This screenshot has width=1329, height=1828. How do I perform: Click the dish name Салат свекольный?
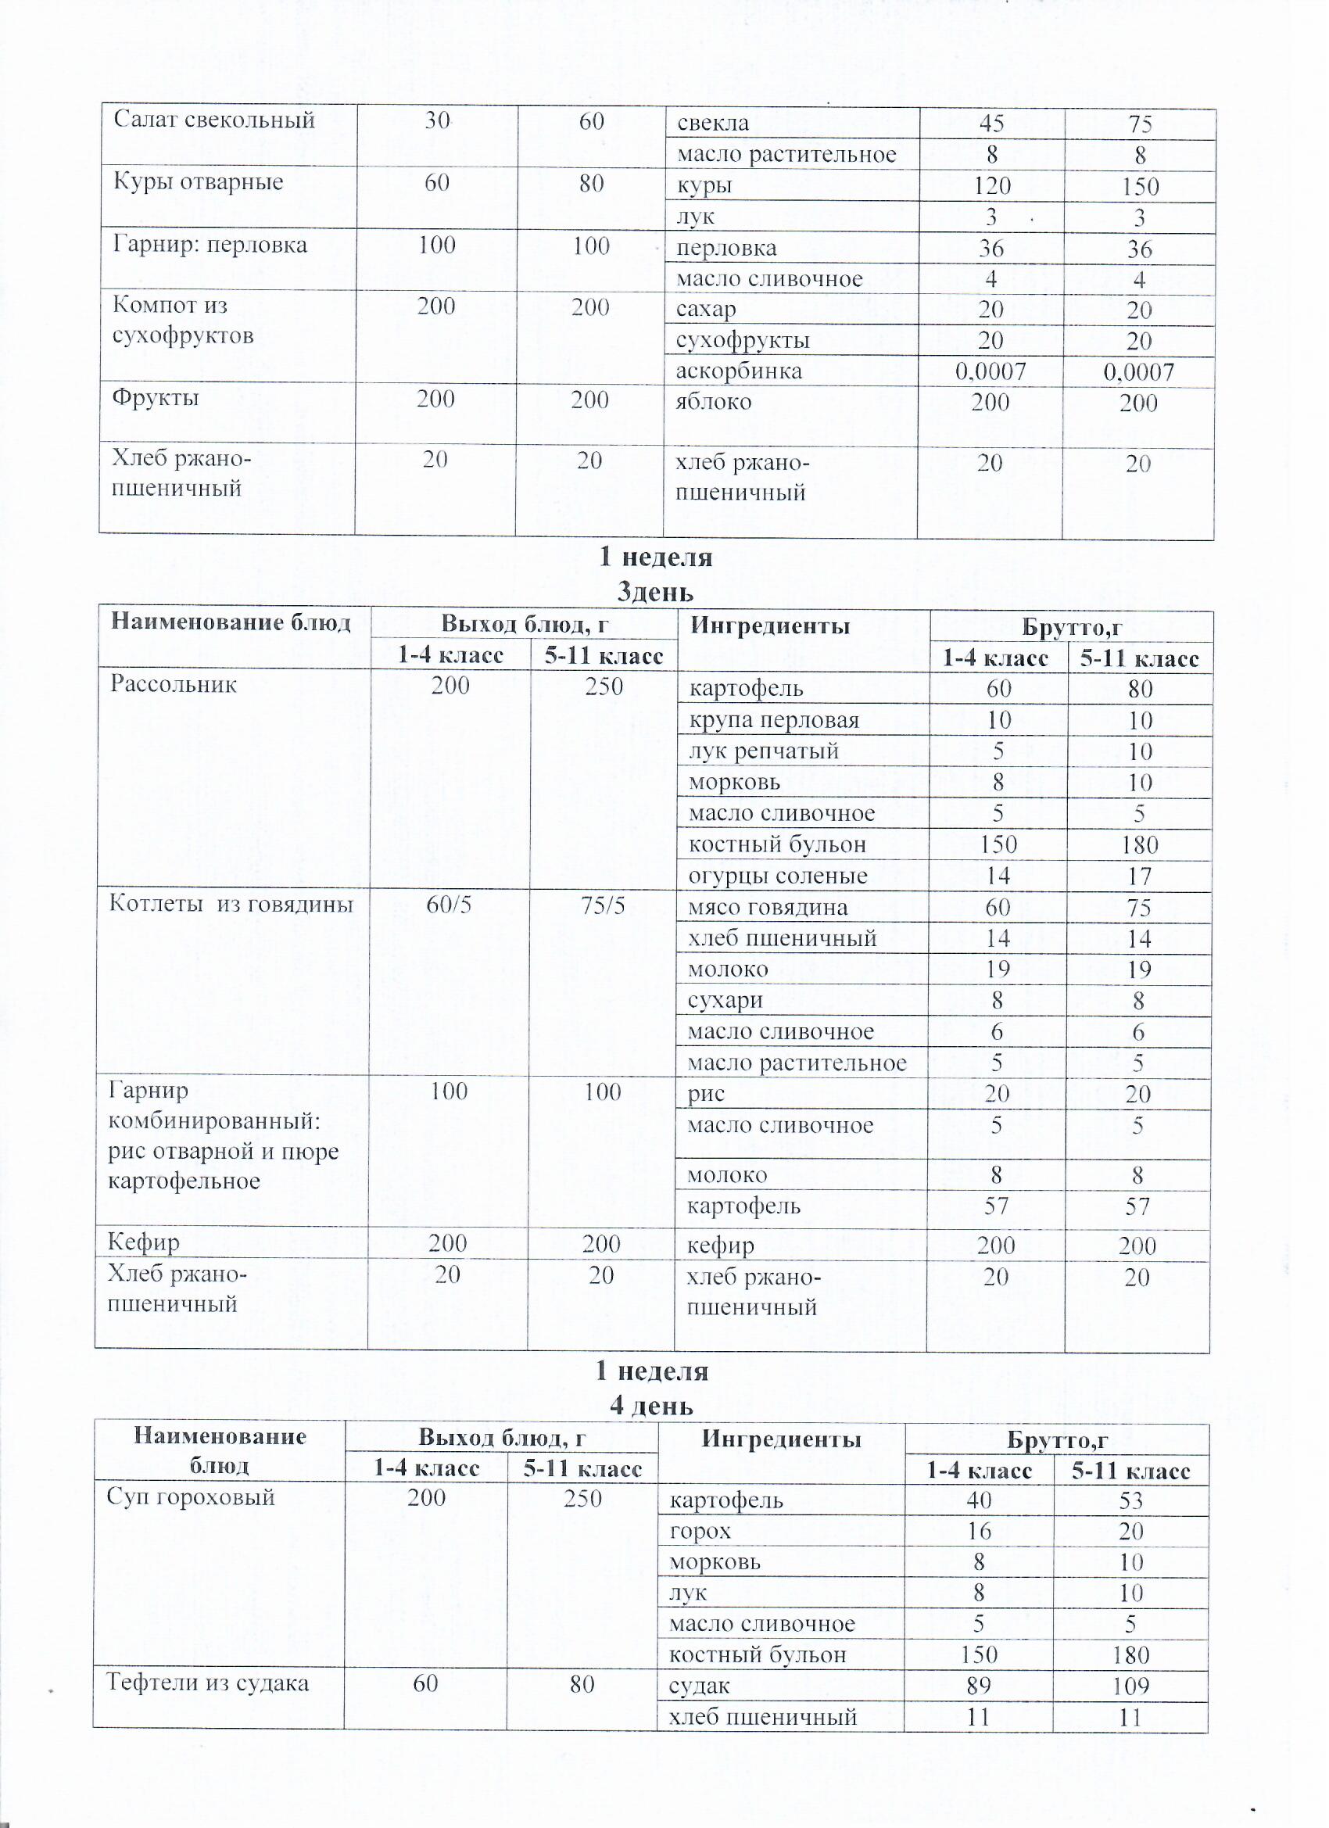(213, 120)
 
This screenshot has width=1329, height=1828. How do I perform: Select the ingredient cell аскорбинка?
(739, 371)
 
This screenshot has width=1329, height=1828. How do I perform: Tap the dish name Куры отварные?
(199, 182)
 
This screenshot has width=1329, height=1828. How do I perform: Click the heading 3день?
(654, 593)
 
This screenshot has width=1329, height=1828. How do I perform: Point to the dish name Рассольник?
(174, 684)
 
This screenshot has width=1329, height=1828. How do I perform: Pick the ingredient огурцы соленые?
(777, 876)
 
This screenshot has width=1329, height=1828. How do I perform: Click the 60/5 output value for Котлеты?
(449, 905)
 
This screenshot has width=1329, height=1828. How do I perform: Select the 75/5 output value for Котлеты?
(603, 906)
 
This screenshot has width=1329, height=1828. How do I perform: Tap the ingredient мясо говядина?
(767, 908)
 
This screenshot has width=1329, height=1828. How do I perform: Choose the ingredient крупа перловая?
(774, 720)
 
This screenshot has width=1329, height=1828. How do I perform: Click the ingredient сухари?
(725, 1000)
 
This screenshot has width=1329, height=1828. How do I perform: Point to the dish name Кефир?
(144, 1243)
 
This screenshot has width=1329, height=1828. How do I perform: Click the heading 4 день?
(651, 1406)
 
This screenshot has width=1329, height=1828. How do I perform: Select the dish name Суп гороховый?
(191, 1497)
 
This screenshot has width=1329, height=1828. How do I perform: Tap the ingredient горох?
(700, 1532)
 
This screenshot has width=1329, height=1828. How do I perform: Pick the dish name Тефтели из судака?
(208, 1683)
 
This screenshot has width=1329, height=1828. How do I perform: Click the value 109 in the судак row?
(1130, 1686)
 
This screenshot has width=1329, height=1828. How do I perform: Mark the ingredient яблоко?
(713, 401)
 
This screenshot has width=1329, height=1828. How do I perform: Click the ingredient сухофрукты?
(742, 340)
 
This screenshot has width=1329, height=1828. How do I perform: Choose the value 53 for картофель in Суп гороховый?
(1130, 1500)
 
